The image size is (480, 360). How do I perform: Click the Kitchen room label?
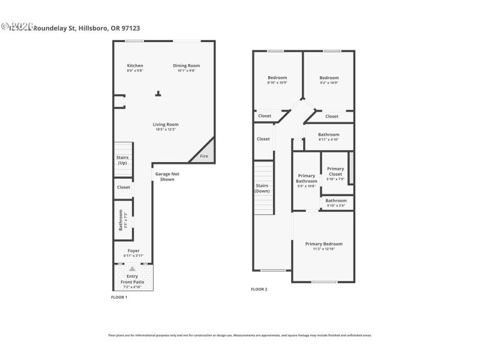click(135, 65)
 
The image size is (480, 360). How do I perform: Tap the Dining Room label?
click(186, 65)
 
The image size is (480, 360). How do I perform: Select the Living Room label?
click(166, 124)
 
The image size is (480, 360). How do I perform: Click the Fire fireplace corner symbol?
click(205, 156)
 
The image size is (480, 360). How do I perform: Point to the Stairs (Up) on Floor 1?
click(122, 160)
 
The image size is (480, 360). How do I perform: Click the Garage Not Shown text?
click(167, 176)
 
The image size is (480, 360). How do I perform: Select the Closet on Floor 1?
click(124, 187)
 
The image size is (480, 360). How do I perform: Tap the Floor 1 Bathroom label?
click(121, 220)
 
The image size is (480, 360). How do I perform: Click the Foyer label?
click(133, 250)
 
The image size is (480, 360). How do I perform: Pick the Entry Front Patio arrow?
click(133, 269)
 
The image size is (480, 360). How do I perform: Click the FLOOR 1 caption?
click(119, 297)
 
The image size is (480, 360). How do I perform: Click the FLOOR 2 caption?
click(259, 289)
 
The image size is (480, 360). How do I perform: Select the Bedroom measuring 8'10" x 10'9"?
click(277, 77)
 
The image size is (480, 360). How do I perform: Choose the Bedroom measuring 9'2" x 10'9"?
click(329, 77)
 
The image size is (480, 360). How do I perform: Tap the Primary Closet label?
click(335, 171)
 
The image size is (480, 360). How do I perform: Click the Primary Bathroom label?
click(306, 179)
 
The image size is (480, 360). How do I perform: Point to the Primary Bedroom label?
click(323, 244)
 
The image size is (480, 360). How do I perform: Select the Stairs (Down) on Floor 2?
click(262, 188)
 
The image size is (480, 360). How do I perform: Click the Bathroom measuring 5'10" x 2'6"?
click(336, 200)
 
